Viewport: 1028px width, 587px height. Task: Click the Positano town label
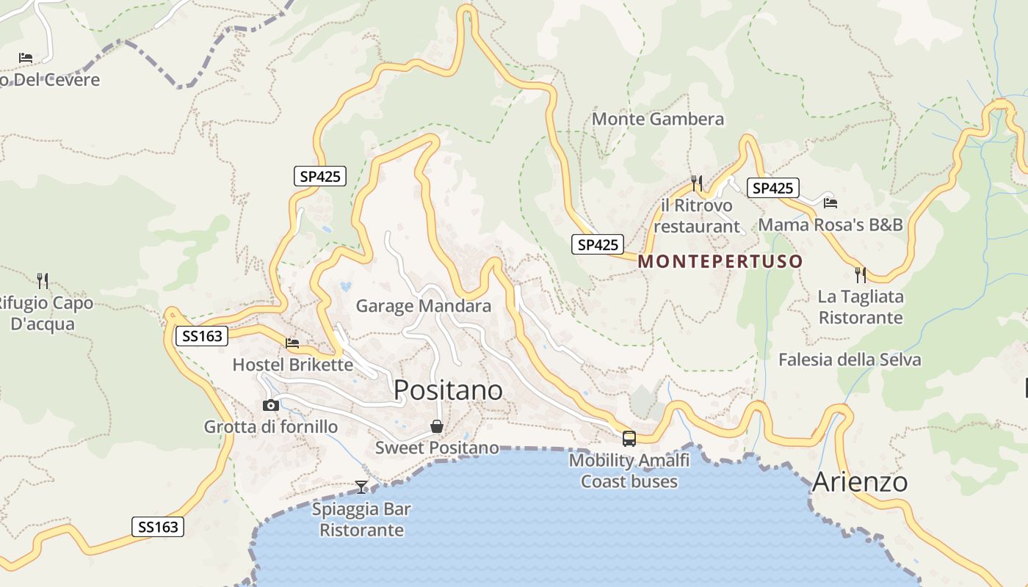click(x=448, y=390)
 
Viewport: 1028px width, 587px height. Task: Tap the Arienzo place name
click(x=860, y=482)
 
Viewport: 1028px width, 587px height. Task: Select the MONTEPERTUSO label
click(x=720, y=261)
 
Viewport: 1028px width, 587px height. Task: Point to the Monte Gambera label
click(x=658, y=119)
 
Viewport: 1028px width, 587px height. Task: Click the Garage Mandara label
click(x=424, y=306)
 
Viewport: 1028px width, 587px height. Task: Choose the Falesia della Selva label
click(x=850, y=360)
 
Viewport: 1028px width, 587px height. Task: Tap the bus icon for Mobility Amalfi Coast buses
click(x=629, y=439)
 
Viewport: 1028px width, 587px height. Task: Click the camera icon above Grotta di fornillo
click(x=271, y=405)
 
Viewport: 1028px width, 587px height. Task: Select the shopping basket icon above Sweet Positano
click(x=437, y=426)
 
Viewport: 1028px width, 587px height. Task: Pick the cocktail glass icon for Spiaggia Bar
click(x=361, y=486)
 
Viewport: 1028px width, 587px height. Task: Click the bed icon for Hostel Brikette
click(x=292, y=343)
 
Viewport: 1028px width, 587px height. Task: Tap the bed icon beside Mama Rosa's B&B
click(x=830, y=203)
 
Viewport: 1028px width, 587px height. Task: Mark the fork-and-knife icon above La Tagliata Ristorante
click(x=861, y=275)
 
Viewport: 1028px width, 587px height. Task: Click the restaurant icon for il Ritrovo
click(x=697, y=183)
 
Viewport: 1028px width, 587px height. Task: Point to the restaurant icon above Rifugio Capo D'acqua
click(x=43, y=280)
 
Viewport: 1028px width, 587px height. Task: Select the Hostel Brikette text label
click(x=292, y=365)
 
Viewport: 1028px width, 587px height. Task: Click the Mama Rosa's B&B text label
click(x=830, y=225)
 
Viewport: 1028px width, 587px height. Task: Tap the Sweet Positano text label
click(x=437, y=448)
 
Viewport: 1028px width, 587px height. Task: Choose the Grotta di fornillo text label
click(x=271, y=427)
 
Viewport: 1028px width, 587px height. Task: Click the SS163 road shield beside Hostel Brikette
click(x=202, y=337)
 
